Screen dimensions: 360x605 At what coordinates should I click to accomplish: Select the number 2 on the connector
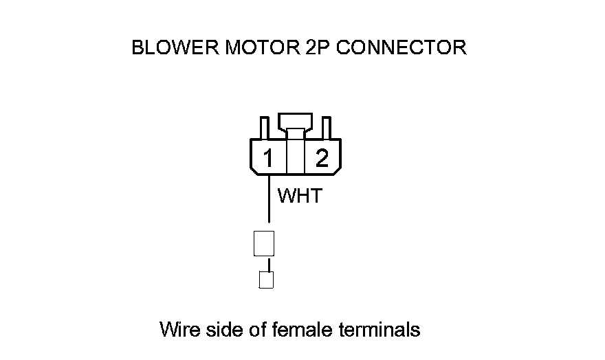point(321,159)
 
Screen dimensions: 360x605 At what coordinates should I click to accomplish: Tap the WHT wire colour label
point(299,196)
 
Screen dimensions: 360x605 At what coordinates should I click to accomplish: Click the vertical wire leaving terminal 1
point(268,199)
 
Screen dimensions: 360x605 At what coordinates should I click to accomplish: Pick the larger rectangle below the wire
point(265,243)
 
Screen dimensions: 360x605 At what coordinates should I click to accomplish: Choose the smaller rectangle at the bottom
point(266,280)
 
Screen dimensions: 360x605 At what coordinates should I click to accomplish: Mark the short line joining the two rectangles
point(269,264)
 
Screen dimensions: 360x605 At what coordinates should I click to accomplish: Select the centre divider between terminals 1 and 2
point(295,157)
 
